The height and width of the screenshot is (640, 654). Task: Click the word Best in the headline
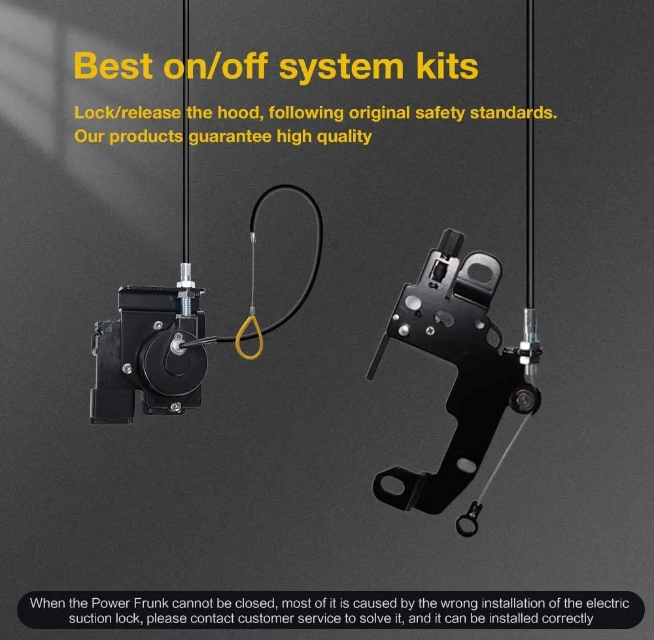(x=113, y=65)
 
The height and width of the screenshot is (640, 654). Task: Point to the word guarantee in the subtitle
(x=230, y=137)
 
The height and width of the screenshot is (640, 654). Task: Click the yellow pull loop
(x=249, y=338)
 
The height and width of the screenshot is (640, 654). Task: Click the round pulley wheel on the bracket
(x=523, y=401)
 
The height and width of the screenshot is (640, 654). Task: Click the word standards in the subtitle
(x=513, y=112)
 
